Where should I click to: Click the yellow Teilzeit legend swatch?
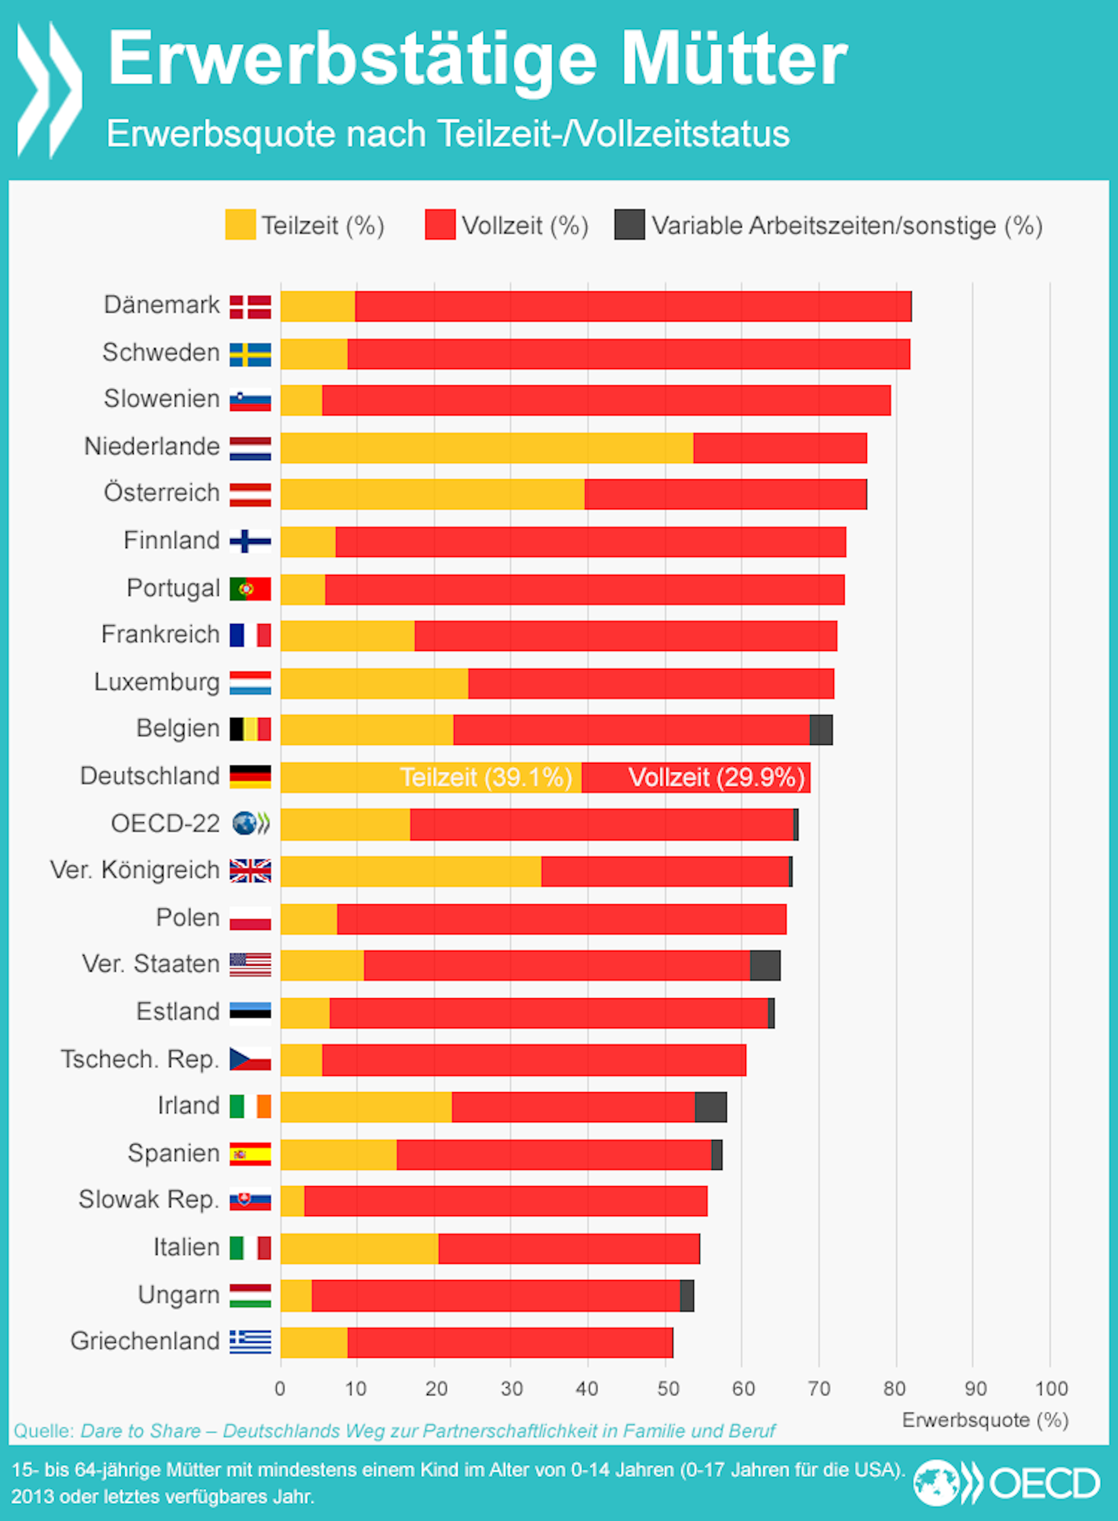[240, 225]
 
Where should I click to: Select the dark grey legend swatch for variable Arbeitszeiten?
[629, 225]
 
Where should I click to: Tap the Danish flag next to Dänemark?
[250, 306]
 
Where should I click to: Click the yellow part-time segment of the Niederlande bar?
[486, 447]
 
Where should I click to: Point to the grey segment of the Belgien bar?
[821, 730]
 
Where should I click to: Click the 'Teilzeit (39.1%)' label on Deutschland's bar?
[486, 777]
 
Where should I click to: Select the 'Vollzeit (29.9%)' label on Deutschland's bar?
[716, 777]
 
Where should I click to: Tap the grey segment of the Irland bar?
[710, 1107]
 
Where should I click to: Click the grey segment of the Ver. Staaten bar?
[765, 965]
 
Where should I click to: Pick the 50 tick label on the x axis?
[668, 1389]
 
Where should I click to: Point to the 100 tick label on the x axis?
[1051, 1389]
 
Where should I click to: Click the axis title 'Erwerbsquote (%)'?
[985, 1420]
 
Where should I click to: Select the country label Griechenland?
[145, 1341]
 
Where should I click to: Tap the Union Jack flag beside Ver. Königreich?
[250, 871]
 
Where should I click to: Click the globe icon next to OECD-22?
[245, 824]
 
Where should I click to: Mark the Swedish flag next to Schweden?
[250, 354]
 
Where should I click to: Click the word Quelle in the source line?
[43, 1431]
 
